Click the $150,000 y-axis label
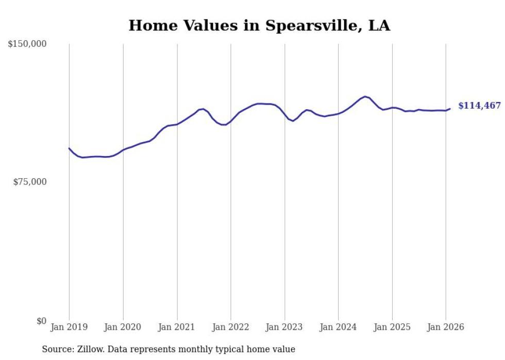pyautogui.click(x=27, y=44)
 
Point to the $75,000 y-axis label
pyautogui.click(x=29, y=182)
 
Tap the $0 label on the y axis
pyautogui.click(x=42, y=321)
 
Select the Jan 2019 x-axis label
pyautogui.click(x=69, y=328)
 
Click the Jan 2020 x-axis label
pyautogui.click(x=123, y=328)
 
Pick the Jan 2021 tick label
pyautogui.click(x=177, y=328)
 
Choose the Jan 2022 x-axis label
pyautogui.click(x=230, y=328)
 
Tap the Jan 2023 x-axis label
pyautogui.click(x=284, y=328)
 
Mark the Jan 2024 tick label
pyautogui.click(x=338, y=328)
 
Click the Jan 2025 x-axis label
pyautogui.click(x=392, y=328)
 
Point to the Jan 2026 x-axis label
pyautogui.click(x=446, y=328)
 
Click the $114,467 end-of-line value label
pyautogui.click(x=479, y=106)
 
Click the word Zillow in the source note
pyautogui.click(x=91, y=349)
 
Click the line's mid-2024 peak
pyautogui.click(x=365, y=96)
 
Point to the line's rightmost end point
pyautogui.click(x=450, y=109)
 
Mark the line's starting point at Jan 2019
pyautogui.click(x=69, y=148)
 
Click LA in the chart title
pyautogui.click(x=379, y=25)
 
